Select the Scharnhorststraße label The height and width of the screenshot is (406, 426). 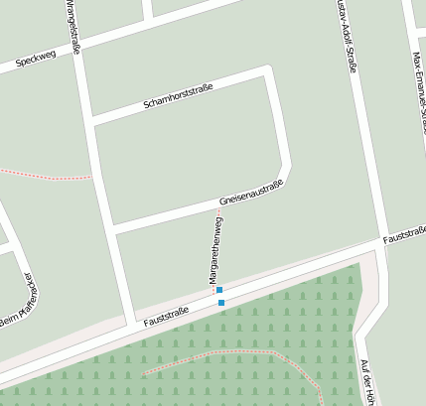(x=178, y=92)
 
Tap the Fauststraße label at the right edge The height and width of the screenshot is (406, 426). (x=404, y=235)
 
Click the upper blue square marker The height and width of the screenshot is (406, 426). (x=219, y=290)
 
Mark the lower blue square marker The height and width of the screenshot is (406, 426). (x=220, y=302)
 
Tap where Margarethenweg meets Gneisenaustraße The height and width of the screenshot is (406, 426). (x=215, y=210)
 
